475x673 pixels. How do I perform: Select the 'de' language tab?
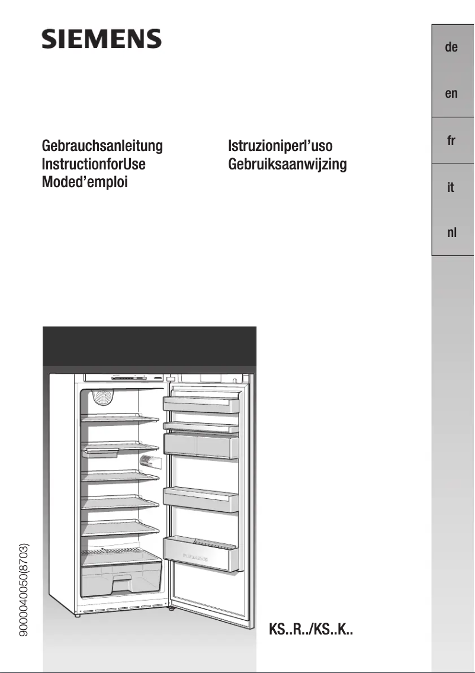pyautogui.click(x=451, y=47)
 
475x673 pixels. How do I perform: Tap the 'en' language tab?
pyautogui.click(x=451, y=94)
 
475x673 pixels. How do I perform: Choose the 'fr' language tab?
pyautogui.click(x=451, y=140)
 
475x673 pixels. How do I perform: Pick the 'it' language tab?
pyautogui.click(x=451, y=187)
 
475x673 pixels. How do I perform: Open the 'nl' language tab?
pyautogui.click(x=451, y=233)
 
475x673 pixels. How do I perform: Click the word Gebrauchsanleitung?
pyautogui.click(x=102, y=146)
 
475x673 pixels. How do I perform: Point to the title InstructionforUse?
pyautogui.click(x=94, y=164)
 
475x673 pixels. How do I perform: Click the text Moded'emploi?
pyautogui.click(x=85, y=182)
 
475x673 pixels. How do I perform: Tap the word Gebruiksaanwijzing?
pyautogui.click(x=287, y=164)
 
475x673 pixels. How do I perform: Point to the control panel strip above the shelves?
pyautogui.click(x=124, y=378)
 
